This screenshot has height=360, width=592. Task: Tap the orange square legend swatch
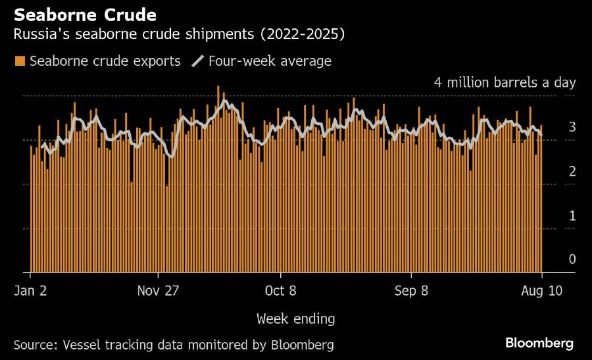point(20,61)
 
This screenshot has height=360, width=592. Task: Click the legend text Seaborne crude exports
point(105,61)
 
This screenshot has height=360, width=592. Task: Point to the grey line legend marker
point(197,61)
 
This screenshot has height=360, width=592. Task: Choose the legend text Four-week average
point(270,61)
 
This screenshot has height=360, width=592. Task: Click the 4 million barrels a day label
point(505,82)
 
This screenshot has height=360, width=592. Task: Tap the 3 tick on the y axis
point(572,126)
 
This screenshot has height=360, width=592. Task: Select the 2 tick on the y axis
point(572,171)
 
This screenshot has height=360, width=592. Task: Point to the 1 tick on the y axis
point(572,215)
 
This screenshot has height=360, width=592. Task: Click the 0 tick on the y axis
point(572,259)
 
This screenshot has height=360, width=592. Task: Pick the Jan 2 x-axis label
point(30,291)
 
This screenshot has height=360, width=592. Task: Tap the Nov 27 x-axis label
point(159,291)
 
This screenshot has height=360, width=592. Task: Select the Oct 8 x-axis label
point(280,291)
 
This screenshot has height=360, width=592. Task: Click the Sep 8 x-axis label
point(411,291)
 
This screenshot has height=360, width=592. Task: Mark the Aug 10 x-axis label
point(541,291)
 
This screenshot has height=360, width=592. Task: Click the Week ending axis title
point(295,319)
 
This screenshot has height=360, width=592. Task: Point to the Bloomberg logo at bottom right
point(539,343)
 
